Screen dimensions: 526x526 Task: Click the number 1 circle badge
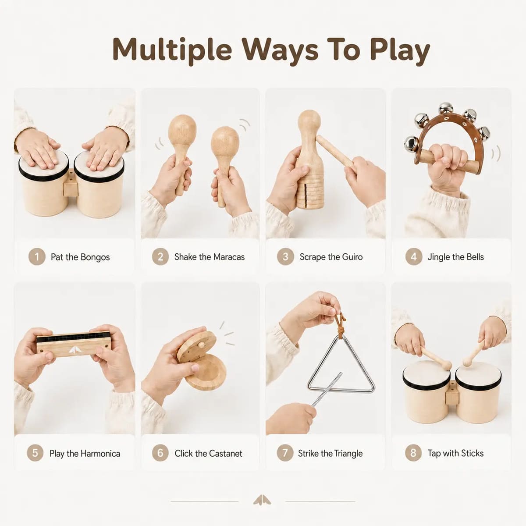(36, 256)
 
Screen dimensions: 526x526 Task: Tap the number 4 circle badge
(413, 256)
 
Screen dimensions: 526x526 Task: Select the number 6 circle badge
(160, 453)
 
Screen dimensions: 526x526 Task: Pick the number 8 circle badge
(413, 453)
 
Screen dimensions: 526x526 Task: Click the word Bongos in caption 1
(95, 257)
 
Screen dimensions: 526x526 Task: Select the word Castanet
(225, 454)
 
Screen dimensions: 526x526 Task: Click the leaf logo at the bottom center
(262, 500)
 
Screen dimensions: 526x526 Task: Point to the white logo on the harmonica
(73, 350)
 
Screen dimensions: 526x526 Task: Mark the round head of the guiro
(309, 121)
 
